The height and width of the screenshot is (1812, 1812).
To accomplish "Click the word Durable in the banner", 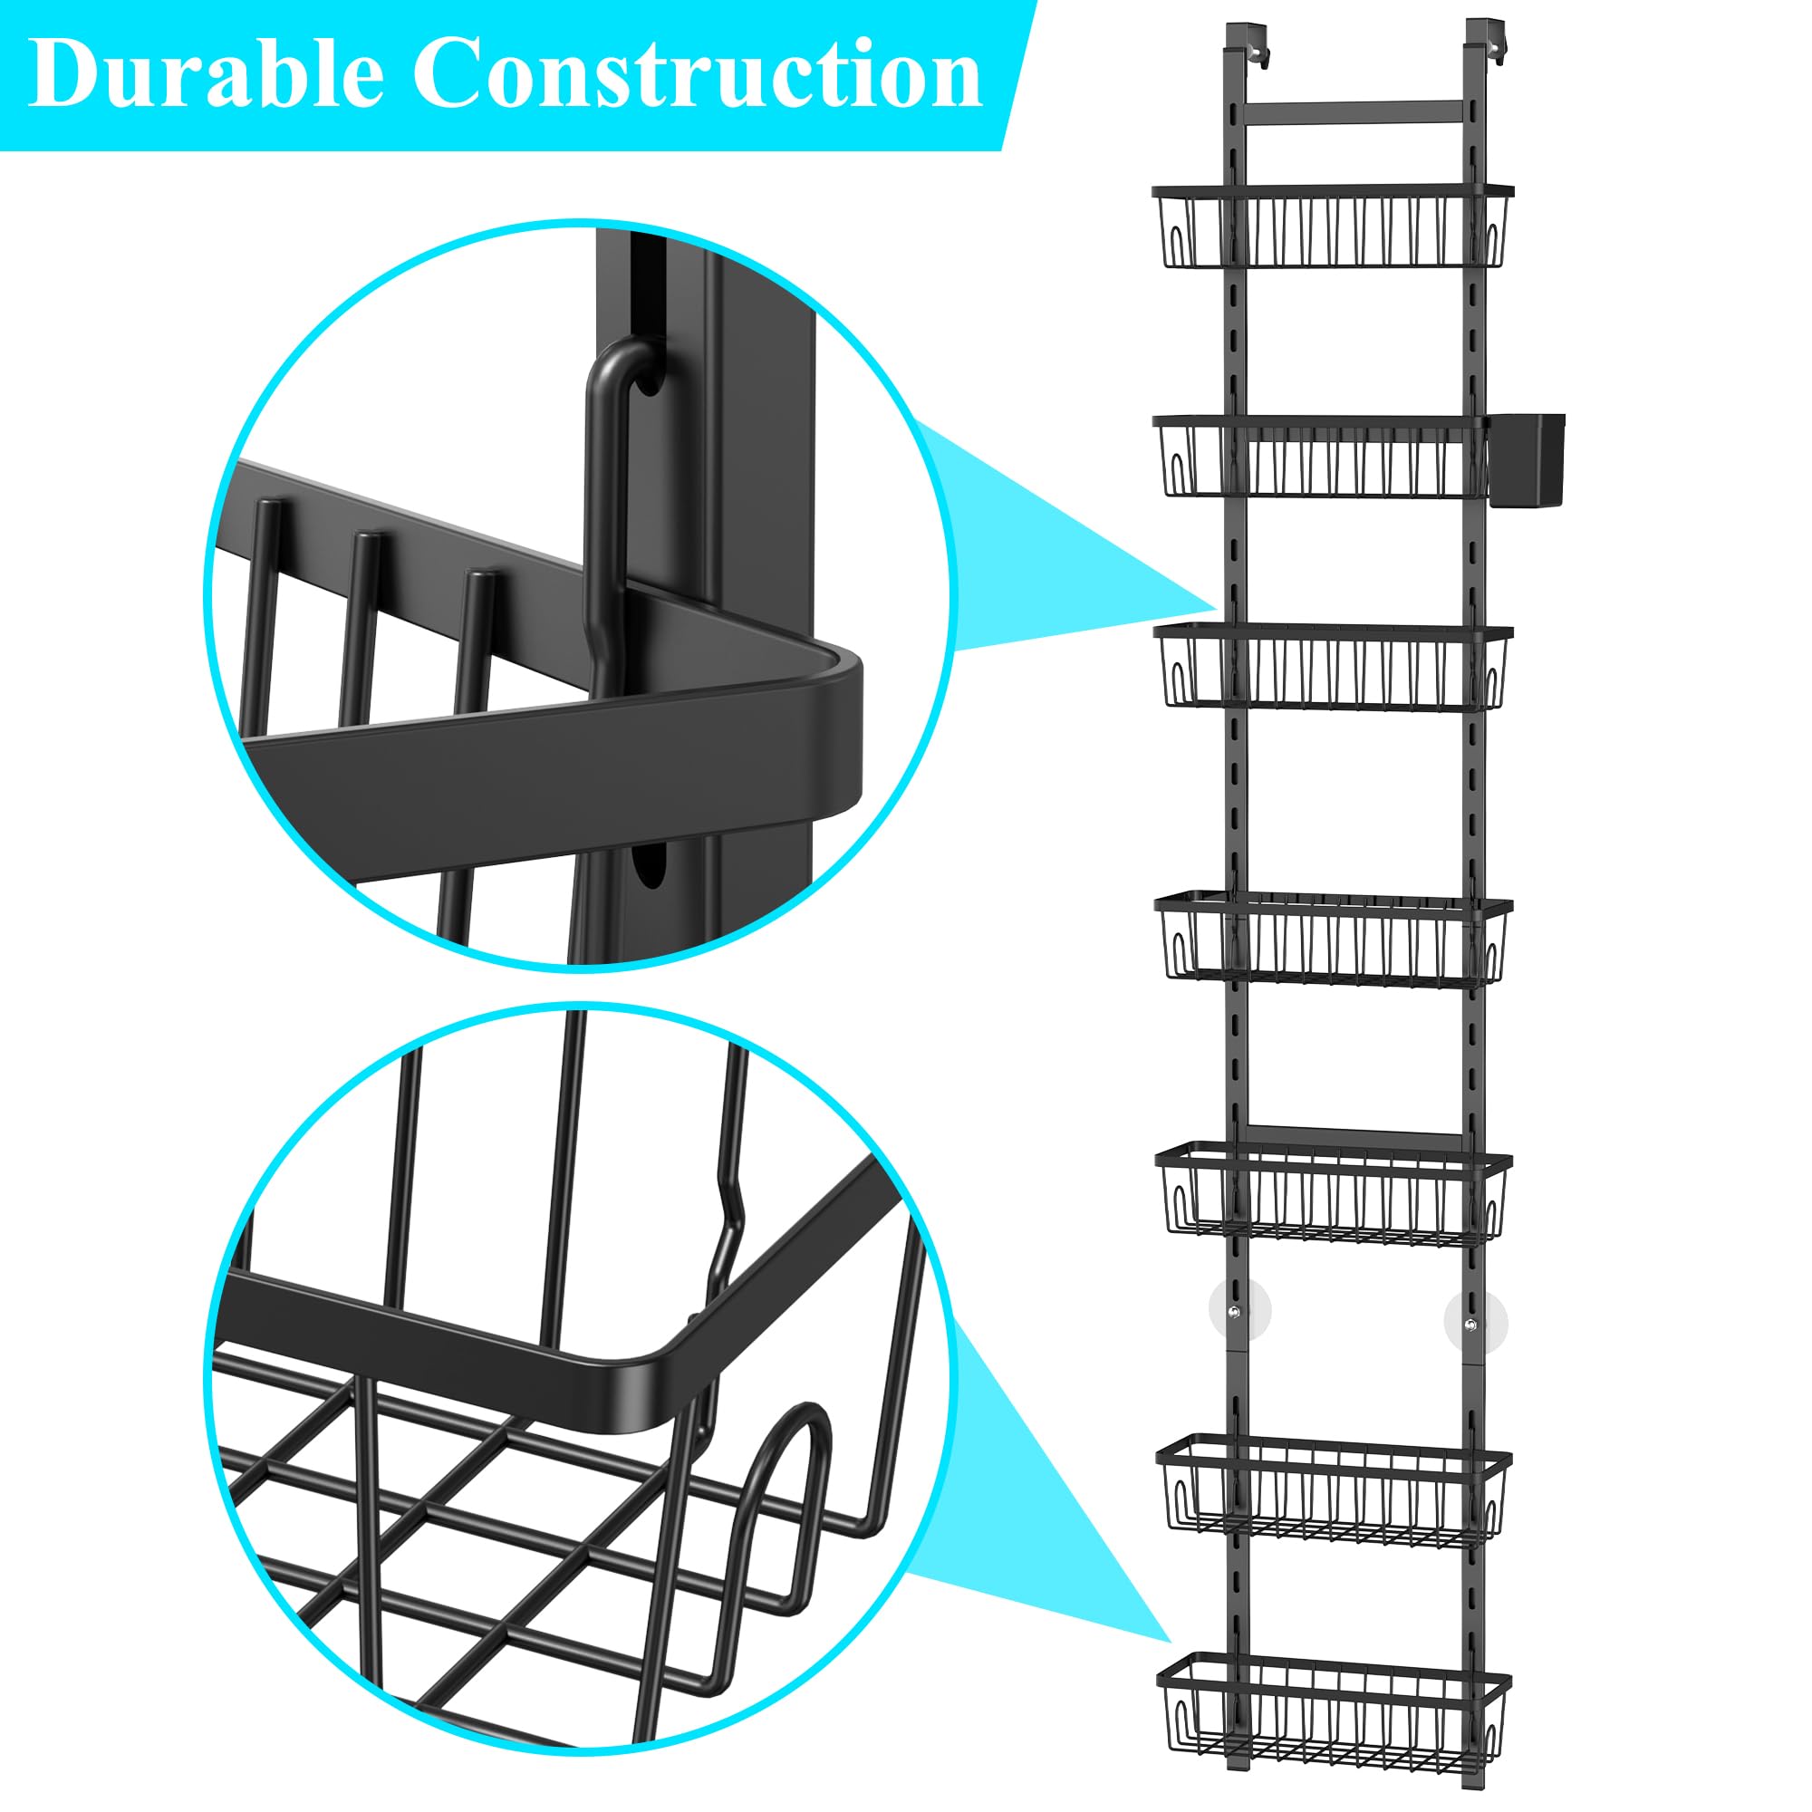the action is (206, 74).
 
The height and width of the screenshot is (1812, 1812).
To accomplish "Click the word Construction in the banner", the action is (698, 74).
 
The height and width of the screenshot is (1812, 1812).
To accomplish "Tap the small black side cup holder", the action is (1526, 459).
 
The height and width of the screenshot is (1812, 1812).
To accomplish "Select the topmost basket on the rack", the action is (1333, 226).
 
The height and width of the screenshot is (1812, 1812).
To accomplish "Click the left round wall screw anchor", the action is (1240, 1310).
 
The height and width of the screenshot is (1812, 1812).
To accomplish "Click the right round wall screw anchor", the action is (1476, 1324).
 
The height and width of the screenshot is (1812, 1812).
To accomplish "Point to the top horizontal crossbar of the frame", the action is (1354, 113).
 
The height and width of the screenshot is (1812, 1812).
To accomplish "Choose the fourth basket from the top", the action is (1334, 942).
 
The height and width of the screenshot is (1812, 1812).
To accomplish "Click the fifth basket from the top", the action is (1334, 1193).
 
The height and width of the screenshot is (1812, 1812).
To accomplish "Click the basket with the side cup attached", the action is (1320, 458).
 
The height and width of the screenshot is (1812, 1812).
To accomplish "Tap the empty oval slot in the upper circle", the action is (647, 863).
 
